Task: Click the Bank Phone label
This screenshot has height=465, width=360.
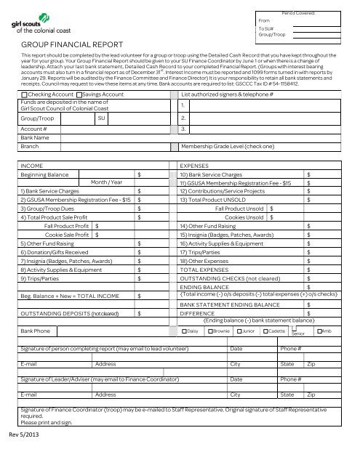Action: click(36, 331)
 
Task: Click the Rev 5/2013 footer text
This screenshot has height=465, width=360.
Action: click(28, 436)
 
